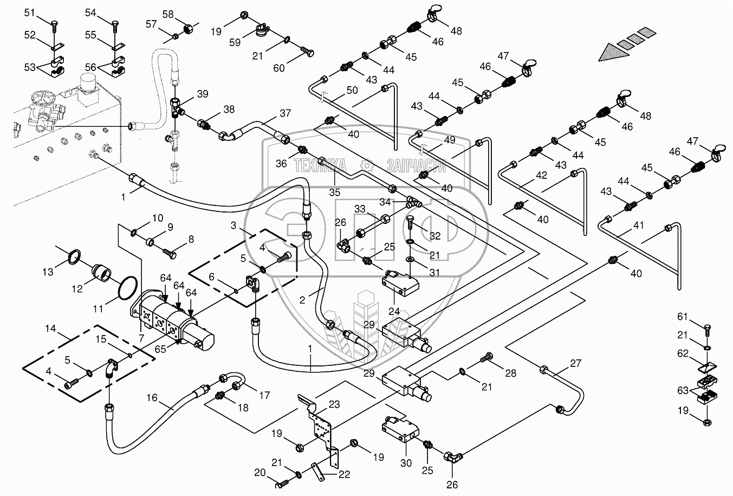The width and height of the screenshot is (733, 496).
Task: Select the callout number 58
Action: pos(168,14)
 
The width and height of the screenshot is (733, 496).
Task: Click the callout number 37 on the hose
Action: pos(285,114)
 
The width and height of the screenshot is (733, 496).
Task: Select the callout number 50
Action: pos(352,90)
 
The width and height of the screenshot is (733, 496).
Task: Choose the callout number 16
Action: pos(152,398)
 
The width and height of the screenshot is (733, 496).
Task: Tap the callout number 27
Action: pos(575,363)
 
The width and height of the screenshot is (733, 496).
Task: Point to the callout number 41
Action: pos(639,225)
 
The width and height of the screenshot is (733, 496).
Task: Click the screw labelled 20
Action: pos(281,480)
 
